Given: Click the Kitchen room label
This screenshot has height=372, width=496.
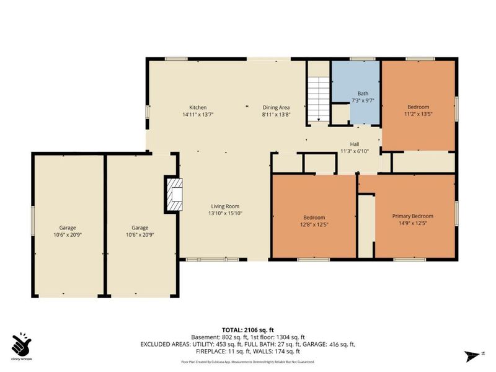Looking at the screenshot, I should coord(198,107).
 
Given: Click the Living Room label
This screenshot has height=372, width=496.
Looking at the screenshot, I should coord(224,206).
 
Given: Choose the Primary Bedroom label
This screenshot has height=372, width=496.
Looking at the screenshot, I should coord(412,216).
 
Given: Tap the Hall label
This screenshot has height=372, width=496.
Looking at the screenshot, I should coord(355,144).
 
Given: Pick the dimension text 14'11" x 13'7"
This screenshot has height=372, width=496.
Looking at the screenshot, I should coord(198,115).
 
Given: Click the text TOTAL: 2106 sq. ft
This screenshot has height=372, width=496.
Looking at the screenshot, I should coord(248,330).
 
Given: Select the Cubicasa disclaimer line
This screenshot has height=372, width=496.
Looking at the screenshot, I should coord(247,361).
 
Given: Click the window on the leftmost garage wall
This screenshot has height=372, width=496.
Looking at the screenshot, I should coord(33,223).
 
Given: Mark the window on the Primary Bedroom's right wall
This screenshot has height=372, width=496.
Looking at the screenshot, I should coord(457,215).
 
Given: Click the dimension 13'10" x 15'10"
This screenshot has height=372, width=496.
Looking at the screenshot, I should coord(224,214).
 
